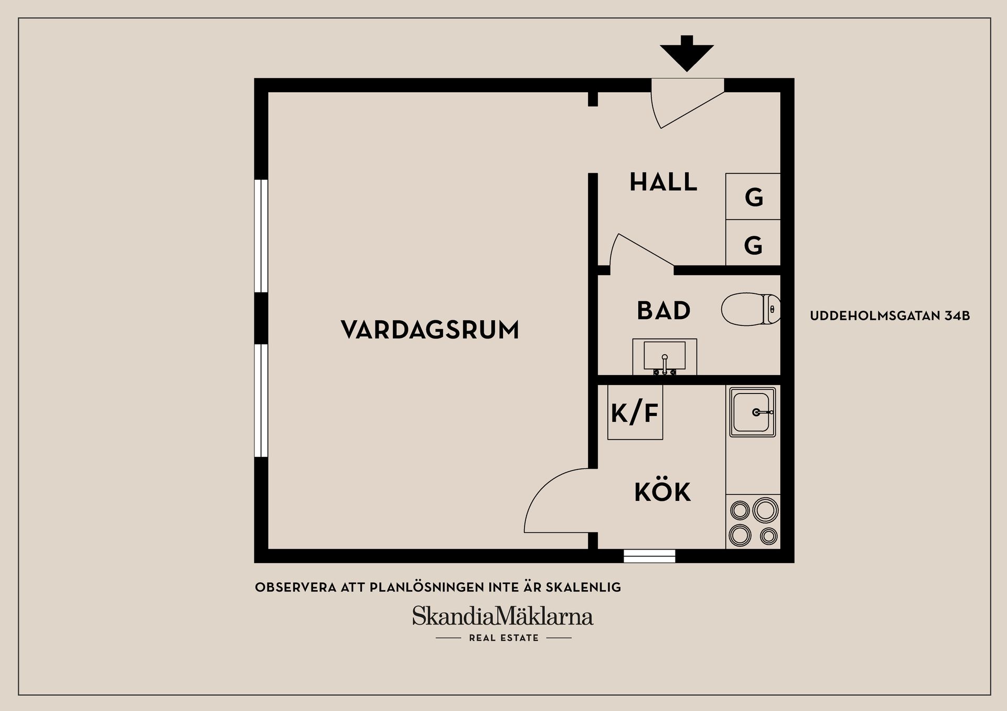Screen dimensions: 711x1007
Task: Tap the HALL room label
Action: point(663,182)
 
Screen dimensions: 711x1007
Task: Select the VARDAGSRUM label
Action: point(430,330)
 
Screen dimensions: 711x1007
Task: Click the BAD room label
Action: point(663,311)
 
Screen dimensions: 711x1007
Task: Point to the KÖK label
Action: point(662,493)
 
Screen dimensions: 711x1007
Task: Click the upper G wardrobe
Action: point(753,196)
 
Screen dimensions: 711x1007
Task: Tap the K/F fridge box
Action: point(635,413)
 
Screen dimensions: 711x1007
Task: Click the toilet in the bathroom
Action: point(750,309)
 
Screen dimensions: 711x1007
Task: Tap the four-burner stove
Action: point(753,522)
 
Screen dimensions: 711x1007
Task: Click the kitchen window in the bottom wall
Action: point(649,556)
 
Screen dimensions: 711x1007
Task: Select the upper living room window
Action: point(261,236)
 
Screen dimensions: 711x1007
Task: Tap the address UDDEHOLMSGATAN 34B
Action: point(890,316)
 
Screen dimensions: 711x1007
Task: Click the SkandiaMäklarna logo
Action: point(502,617)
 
